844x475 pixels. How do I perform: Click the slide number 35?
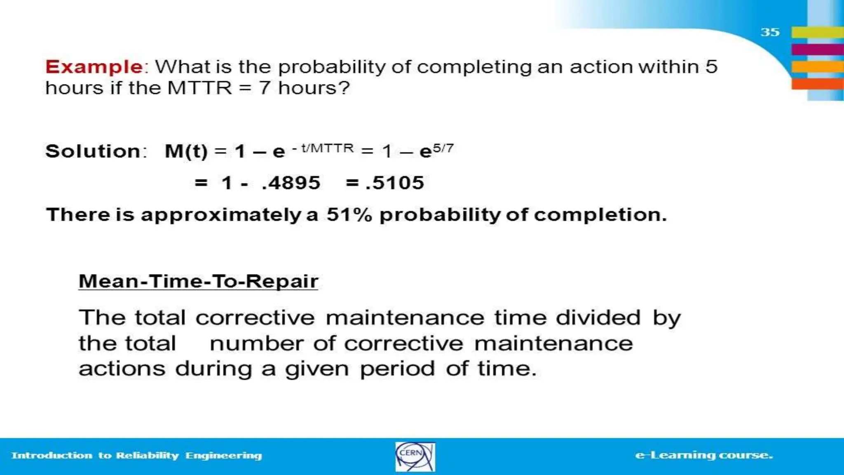click(x=770, y=32)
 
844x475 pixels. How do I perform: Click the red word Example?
click(x=94, y=67)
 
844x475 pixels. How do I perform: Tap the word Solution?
click(x=93, y=151)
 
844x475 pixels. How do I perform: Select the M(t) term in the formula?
click(x=186, y=151)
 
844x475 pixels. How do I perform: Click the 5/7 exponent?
click(x=443, y=148)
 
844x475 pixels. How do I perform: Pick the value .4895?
click(x=291, y=183)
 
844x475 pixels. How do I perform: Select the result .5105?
click(x=394, y=183)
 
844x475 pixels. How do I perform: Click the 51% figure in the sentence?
click(x=349, y=215)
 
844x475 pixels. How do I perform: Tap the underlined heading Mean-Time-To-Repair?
click(x=198, y=281)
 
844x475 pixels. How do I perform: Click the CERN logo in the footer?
click(x=415, y=456)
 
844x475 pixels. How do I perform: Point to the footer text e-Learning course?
click(x=704, y=455)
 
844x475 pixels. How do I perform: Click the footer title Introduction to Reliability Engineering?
click(x=136, y=455)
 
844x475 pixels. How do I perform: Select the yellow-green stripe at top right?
click(x=817, y=32)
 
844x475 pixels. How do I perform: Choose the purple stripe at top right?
click(x=817, y=49)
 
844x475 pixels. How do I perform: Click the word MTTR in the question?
click(x=199, y=88)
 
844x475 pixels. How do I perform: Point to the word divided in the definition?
click(x=598, y=318)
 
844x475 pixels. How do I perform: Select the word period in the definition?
click(x=397, y=369)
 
